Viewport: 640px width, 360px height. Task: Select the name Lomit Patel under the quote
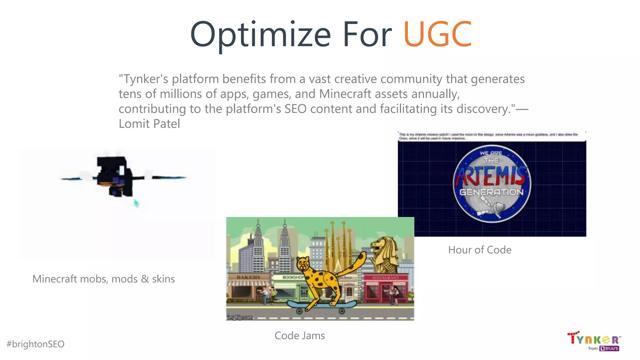pos(149,124)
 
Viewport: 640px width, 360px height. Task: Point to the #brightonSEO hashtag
pos(35,344)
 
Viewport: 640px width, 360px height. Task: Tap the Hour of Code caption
pos(480,250)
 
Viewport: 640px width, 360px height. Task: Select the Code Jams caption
pos(300,336)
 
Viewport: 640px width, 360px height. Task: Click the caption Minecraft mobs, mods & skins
pos(103,279)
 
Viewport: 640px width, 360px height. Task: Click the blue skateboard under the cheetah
pos(321,304)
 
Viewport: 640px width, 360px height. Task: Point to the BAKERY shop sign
pos(248,277)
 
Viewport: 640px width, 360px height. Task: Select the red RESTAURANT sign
pos(386,277)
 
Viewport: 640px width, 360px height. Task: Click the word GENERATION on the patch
pos(491,192)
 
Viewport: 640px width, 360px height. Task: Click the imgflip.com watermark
pos(240,317)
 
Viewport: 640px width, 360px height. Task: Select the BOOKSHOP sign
pos(292,277)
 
